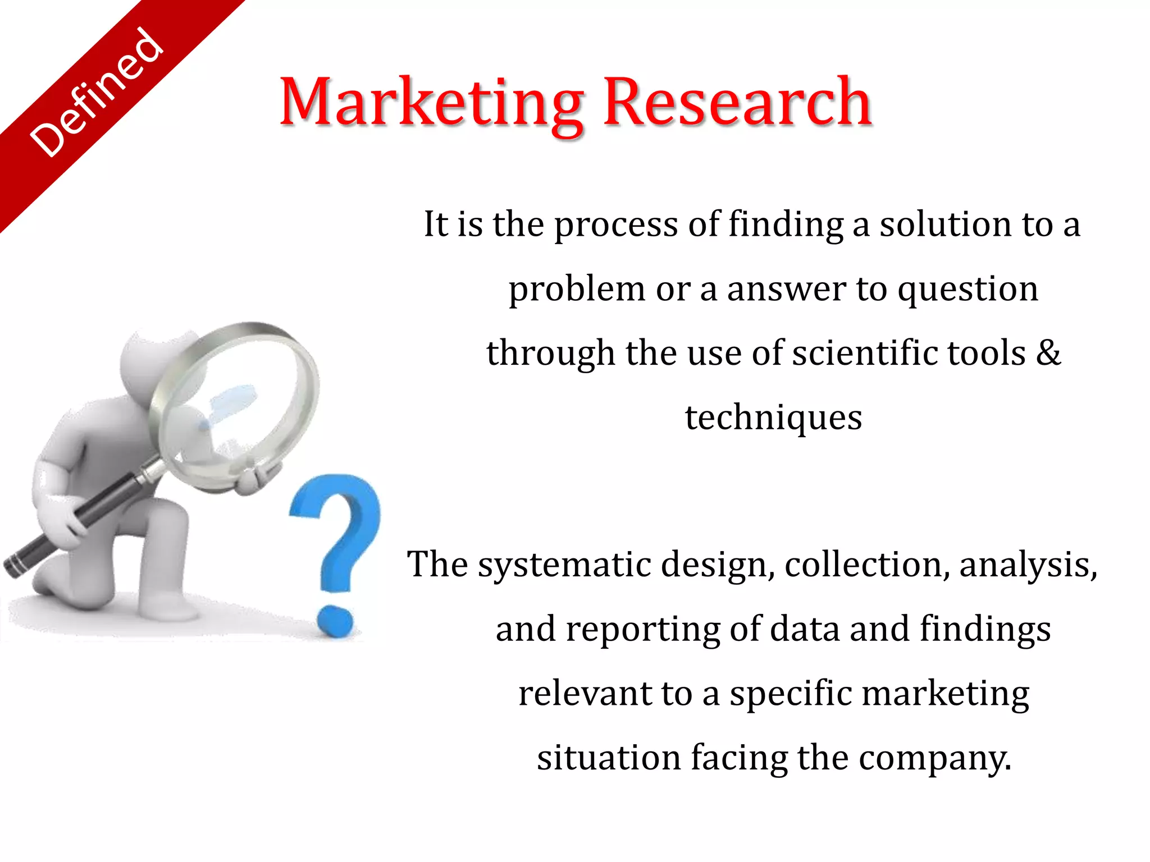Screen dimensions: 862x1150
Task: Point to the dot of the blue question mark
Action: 335,621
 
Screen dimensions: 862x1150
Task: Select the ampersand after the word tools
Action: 1048,353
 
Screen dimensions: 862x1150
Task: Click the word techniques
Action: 773,418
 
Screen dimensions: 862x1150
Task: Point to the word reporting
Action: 642,630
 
